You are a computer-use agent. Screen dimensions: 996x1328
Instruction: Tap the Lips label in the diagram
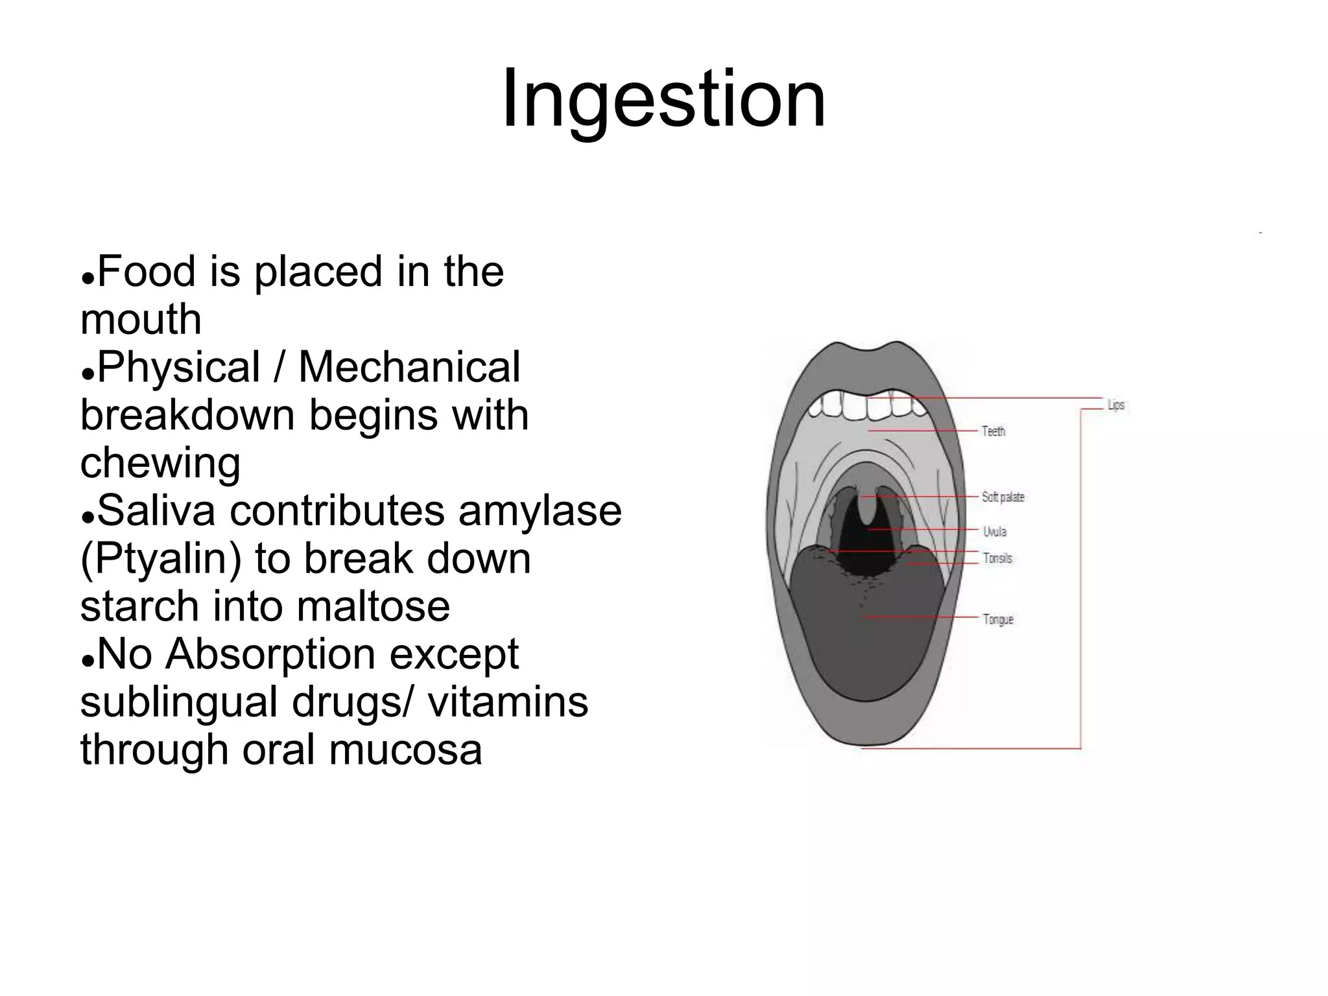coord(1115,405)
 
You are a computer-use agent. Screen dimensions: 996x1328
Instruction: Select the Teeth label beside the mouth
coord(993,431)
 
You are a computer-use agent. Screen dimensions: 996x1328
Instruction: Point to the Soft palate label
coord(1002,497)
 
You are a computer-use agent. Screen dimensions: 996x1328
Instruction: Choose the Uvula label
coord(995,532)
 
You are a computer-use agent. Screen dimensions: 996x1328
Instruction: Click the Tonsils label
coord(997,558)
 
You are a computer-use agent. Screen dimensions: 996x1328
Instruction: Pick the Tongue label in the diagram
coord(998,620)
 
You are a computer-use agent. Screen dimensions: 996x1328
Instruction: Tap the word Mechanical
coord(409,367)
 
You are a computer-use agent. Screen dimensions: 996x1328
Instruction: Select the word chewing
coord(160,463)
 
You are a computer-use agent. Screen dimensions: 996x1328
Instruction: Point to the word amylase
coord(540,510)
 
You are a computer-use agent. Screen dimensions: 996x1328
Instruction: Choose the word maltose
coord(373,606)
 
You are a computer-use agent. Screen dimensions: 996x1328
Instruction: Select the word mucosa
coord(405,750)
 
